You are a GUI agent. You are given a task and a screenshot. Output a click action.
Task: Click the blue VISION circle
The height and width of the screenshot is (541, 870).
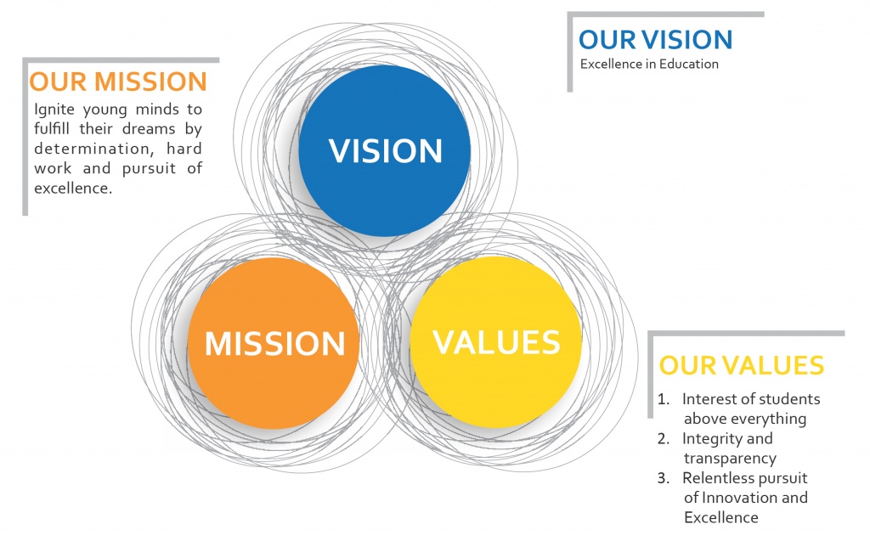[385, 150]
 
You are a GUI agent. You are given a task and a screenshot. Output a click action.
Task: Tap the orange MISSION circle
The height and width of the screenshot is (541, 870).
[274, 343]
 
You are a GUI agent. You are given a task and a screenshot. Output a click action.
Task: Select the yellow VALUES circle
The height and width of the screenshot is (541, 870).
[495, 341]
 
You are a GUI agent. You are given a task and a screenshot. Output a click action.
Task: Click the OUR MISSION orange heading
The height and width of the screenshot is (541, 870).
[118, 82]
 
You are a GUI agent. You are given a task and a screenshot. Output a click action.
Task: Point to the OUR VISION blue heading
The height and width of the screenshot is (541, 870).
[656, 40]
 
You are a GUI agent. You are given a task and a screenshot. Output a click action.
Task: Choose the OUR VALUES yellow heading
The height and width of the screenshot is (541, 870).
[741, 366]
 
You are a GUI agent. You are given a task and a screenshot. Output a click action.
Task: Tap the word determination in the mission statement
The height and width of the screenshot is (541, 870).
[92, 149]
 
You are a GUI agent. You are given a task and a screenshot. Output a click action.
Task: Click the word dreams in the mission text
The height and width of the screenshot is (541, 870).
[149, 129]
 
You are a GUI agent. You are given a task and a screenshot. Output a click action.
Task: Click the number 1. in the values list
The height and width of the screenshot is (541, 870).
[664, 399]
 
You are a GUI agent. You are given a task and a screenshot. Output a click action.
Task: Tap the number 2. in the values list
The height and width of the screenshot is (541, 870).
[664, 438]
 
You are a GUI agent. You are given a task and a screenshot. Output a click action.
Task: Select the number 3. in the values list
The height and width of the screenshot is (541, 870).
[664, 478]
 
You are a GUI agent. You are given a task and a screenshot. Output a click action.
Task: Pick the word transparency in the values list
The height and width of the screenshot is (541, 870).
[730, 459]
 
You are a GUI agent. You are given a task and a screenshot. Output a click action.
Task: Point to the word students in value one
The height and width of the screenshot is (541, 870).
[789, 399]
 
